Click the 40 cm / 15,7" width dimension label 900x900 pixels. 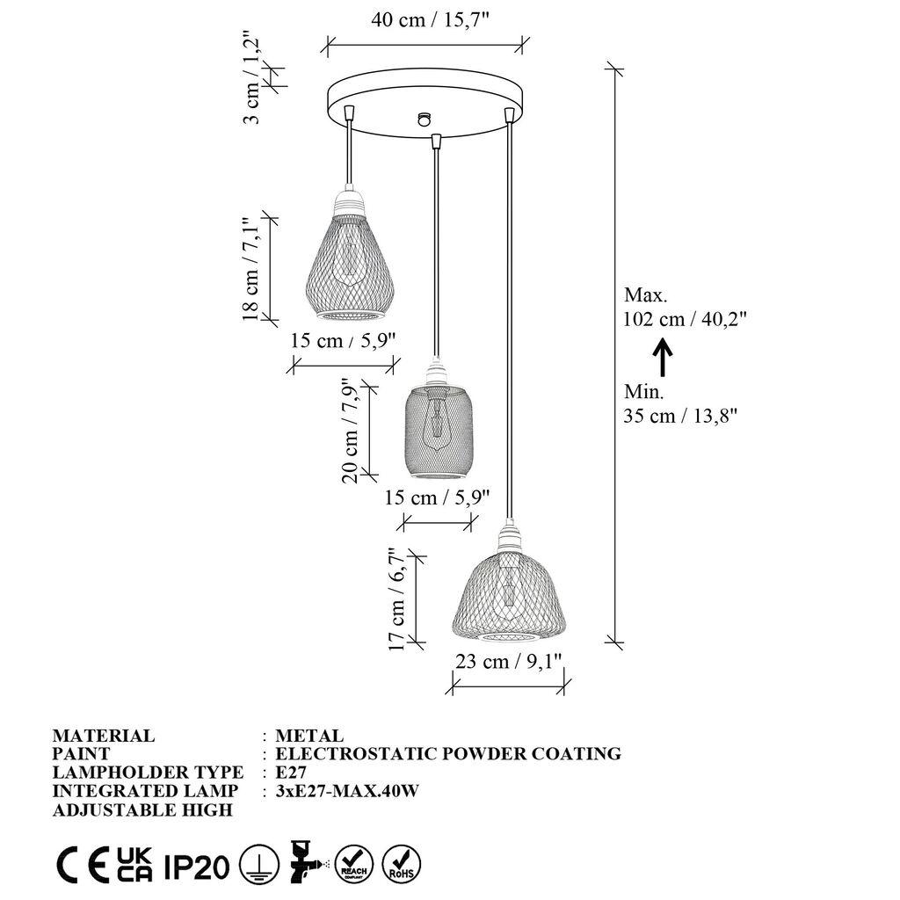pyautogui.click(x=425, y=21)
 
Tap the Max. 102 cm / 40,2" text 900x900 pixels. pyautogui.click(x=685, y=307)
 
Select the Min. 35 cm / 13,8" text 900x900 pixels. pyautogui.click(x=679, y=404)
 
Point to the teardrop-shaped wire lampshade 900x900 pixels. pyautogui.click(x=349, y=259)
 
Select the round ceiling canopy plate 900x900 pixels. pyautogui.click(x=424, y=103)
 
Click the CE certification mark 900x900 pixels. pyautogui.click(x=81, y=866)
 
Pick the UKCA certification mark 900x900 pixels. pyautogui.click(x=136, y=866)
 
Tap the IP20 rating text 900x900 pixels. pyautogui.click(x=196, y=867)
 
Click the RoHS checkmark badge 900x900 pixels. pyautogui.click(x=402, y=863)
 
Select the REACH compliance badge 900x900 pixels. pyautogui.click(x=354, y=863)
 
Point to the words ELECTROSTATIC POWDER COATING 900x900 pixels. pyautogui.click(x=448, y=754)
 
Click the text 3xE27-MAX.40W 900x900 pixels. pyautogui.click(x=346, y=791)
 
